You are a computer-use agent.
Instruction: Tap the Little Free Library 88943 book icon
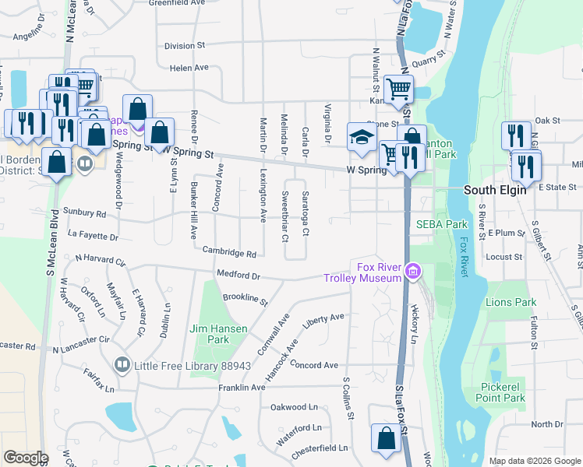[122, 365]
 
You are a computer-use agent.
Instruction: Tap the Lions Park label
[511, 302]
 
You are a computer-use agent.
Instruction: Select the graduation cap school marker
[361, 136]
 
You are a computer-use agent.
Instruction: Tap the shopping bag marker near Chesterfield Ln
[387, 438]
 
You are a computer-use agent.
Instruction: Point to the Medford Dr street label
[238, 275]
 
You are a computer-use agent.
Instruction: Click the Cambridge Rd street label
[229, 252]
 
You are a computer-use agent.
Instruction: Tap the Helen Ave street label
[189, 68]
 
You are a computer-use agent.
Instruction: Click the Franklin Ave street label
[242, 387]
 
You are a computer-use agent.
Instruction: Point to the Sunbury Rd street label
[86, 212]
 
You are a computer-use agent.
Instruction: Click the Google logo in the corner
[26, 458]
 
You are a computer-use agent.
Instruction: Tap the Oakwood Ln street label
[294, 407]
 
